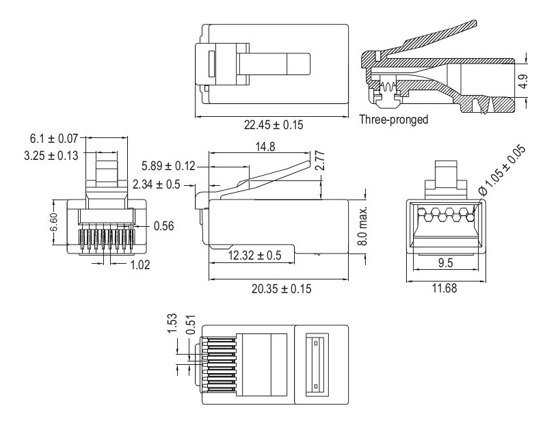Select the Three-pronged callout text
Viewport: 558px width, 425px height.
pyautogui.click(x=393, y=120)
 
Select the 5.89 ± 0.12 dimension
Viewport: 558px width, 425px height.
pyautogui.click(x=168, y=166)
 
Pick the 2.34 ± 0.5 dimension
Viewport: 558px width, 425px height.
pyautogui.click(x=165, y=183)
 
